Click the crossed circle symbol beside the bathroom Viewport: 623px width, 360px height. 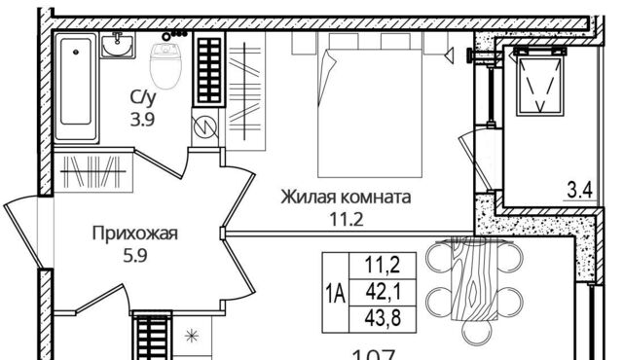tap(205, 125)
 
